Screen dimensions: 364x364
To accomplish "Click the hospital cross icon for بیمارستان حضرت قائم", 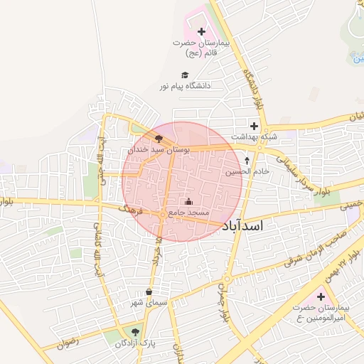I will pyautogui.click(x=201, y=31).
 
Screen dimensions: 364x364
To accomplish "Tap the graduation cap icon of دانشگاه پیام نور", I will pyautogui.click(x=185, y=75).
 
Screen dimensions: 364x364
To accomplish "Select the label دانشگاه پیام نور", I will pyautogui.click(x=186, y=86).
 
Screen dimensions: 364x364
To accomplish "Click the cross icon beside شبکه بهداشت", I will pyautogui.click(x=254, y=125).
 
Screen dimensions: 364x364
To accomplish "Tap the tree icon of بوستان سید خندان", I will pyautogui.click(x=159, y=139).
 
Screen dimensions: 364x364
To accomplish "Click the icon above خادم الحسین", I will pyautogui.click(x=247, y=161).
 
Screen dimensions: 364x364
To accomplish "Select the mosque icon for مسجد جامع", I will pyautogui.click(x=188, y=201).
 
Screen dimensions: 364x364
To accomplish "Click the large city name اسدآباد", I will pyautogui.click(x=253, y=225).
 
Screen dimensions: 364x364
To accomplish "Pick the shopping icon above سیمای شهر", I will pyautogui.click(x=149, y=291).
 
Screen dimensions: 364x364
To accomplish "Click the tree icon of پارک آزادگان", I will pyautogui.click(x=135, y=332).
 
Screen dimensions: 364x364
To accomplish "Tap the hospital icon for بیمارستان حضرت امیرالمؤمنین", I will pyautogui.click(x=320, y=296).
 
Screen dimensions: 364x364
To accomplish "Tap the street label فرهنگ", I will pyautogui.click(x=132, y=209).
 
